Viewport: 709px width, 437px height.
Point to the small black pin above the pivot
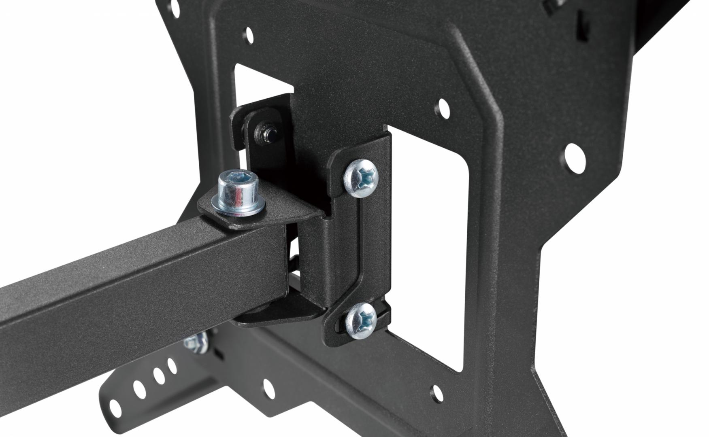coord(264,134)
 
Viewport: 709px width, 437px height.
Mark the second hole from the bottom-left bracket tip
coord(139,389)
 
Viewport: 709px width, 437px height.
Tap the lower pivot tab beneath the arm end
coord(279,312)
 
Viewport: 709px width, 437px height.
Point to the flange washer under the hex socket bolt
coord(239,209)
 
